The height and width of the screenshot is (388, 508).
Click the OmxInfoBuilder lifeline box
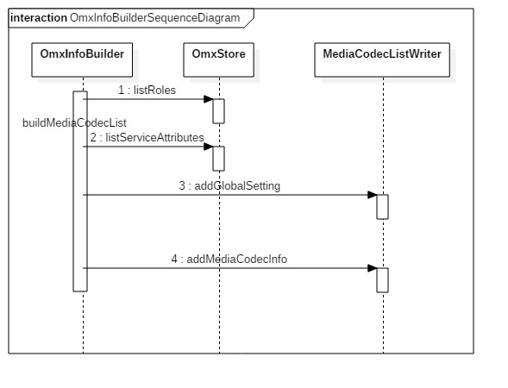click(x=83, y=60)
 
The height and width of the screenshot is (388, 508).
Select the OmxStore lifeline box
click(x=219, y=60)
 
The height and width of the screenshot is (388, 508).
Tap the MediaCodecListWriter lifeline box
click(x=382, y=60)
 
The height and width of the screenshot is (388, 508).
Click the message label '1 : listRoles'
click(x=147, y=90)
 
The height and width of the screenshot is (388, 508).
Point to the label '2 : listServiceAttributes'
click(x=147, y=137)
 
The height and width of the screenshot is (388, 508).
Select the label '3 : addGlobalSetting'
click(x=229, y=185)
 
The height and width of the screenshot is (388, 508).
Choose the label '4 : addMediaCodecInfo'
click(x=229, y=259)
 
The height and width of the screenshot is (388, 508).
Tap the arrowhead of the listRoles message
click(x=208, y=99)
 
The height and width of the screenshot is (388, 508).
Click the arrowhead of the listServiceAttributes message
click(x=208, y=147)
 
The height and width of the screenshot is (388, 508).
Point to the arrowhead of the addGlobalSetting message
click(x=372, y=195)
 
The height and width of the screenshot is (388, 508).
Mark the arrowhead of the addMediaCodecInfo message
click(x=372, y=268)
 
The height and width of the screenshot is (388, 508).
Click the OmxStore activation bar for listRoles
click(x=218, y=111)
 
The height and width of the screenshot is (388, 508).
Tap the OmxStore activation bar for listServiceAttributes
click(x=218, y=159)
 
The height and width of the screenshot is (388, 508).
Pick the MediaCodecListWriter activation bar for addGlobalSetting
click(x=382, y=207)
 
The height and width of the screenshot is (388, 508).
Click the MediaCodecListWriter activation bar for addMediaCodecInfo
click(x=382, y=280)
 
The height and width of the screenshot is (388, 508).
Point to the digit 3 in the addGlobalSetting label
click(x=182, y=185)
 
